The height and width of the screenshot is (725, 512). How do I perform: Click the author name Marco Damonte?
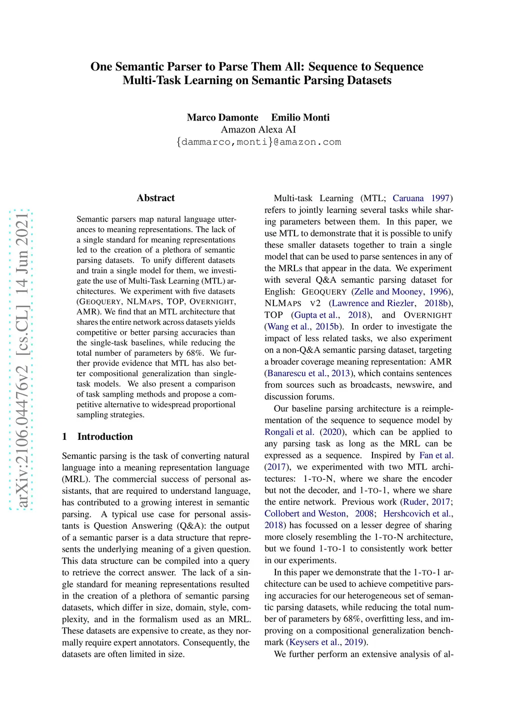(x=222, y=118)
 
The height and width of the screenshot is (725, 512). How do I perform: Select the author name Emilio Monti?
(x=300, y=118)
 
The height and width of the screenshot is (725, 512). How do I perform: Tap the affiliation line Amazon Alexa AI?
(x=258, y=130)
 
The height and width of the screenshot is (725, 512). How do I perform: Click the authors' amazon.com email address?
(x=258, y=142)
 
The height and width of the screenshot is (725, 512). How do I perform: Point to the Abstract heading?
(x=155, y=198)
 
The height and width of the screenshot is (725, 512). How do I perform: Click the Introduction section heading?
(x=104, y=437)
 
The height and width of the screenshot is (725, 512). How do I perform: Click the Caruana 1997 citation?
(x=421, y=199)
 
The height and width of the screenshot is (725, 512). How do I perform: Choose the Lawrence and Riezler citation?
(x=372, y=303)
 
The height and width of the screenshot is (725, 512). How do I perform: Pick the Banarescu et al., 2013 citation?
(x=308, y=373)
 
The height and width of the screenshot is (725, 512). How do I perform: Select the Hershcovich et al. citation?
(x=417, y=514)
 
